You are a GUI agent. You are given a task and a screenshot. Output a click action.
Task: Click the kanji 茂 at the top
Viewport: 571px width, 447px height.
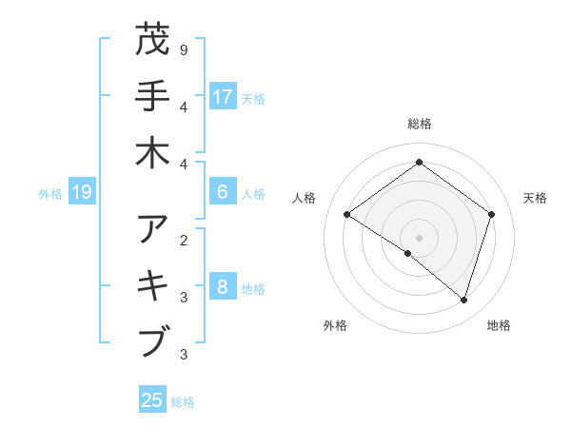tap(153, 41)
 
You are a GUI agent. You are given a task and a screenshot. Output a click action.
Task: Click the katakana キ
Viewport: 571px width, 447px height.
tap(153, 285)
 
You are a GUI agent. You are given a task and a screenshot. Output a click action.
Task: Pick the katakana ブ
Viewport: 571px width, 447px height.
tap(153, 340)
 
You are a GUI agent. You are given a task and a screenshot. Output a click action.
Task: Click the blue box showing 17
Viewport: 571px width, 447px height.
tap(223, 96)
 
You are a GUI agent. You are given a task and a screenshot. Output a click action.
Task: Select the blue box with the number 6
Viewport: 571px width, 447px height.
tap(223, 192)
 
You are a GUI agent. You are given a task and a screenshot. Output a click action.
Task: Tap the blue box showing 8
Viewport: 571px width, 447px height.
tap(223, 287)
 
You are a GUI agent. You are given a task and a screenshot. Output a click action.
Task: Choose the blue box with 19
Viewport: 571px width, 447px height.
tap(82, 193)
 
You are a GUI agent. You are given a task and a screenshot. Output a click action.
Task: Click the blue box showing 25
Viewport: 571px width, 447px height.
tap(152, 400)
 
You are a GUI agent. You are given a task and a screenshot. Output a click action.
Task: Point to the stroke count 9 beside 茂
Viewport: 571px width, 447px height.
tap(183, 49)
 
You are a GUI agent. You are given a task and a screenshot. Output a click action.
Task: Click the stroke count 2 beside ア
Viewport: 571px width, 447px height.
tap(183, 239)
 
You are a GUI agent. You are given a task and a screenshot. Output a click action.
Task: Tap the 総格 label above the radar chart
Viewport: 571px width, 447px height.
tap(419, 124)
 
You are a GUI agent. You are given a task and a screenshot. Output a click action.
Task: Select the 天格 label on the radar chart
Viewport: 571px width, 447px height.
tap(535, 198)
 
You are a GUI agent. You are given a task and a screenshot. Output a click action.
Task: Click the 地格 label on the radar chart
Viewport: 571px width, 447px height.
tap(499, 325)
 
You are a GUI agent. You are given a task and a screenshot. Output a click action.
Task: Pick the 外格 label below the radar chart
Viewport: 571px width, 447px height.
tap(335, 325)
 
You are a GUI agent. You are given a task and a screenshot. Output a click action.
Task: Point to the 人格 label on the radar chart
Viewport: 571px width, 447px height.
tap(305, 198)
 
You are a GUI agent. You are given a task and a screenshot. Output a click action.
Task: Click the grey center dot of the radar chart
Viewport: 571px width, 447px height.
tap(419, 237)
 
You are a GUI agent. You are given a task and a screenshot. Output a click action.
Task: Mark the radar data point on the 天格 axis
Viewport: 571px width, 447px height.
tap(491, 214)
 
